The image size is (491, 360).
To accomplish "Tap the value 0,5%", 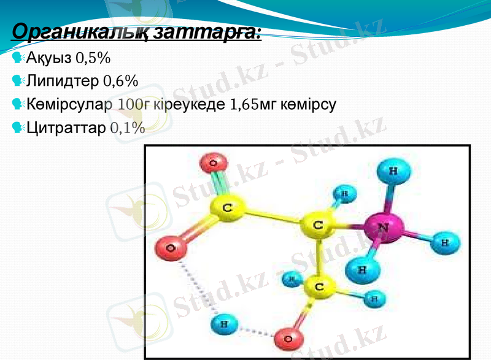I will coord(93,58).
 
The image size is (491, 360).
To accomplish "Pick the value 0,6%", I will coord(120,81).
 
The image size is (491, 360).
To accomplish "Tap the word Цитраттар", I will coord(66,128).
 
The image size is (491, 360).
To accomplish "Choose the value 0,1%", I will coord(128,128).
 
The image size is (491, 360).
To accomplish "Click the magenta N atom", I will coord(382,227).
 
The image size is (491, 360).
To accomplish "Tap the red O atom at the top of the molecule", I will coord(213,164).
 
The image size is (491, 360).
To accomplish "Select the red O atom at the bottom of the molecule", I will coord(288,338).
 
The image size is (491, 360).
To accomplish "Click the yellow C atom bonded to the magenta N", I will coord(318,225).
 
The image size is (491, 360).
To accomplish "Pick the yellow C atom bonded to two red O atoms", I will coord(226,208).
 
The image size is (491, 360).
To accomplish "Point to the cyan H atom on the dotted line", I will coord(225,323).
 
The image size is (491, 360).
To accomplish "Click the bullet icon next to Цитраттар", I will coord(17,128).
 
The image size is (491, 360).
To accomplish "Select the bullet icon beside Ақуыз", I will coord(17,58).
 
